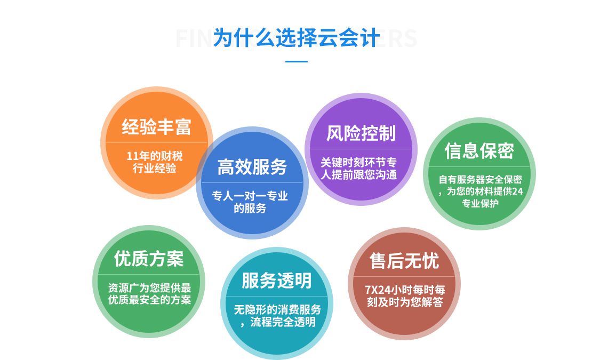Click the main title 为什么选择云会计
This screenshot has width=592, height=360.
pos(297,38)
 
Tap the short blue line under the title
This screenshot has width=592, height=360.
pos(297,61)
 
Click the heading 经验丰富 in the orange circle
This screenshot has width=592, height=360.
pos(156,126)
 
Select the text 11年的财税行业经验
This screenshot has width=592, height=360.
pos(155,162)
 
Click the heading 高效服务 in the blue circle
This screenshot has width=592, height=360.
pos(252,167)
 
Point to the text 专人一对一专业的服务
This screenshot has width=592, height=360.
pos(250,202)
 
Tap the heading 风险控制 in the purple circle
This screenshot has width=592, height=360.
pos(361,133)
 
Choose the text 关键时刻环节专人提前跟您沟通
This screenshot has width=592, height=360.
pos(359,169)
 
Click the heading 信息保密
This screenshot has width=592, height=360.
pos(479,150)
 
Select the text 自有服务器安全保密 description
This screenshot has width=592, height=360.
pos(480,191)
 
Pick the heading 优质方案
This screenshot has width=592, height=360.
pos(149,259)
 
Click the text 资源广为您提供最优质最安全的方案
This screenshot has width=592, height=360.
pos(149,293)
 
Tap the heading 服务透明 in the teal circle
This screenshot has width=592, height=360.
pos(277,281)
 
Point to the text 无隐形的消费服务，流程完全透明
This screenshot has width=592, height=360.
pos(277,316)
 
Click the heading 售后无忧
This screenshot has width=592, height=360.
pos(404,261)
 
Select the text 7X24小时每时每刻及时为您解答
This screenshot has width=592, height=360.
pos(405,296)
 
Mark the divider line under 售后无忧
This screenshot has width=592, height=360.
pos(404,277)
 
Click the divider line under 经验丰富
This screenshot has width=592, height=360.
pos(156,142)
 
